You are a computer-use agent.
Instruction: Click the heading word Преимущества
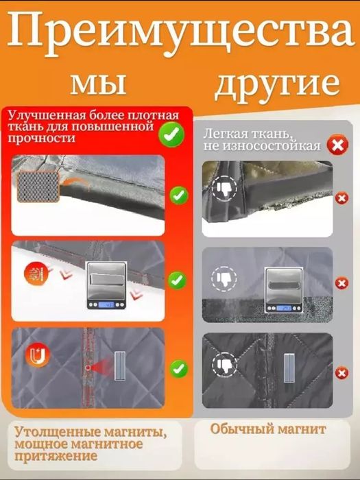(x=180, y=33)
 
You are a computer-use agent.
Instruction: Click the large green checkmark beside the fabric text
(x=171, y=133)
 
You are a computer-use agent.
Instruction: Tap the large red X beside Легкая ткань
(x=337, y=145)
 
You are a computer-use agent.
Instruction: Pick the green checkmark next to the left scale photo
(x=178, y=280)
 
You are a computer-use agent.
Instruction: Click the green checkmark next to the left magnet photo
(x=178, y=369)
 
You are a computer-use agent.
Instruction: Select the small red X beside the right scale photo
(x=341, y=283)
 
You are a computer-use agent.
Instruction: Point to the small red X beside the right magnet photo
(x=341, y=372)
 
